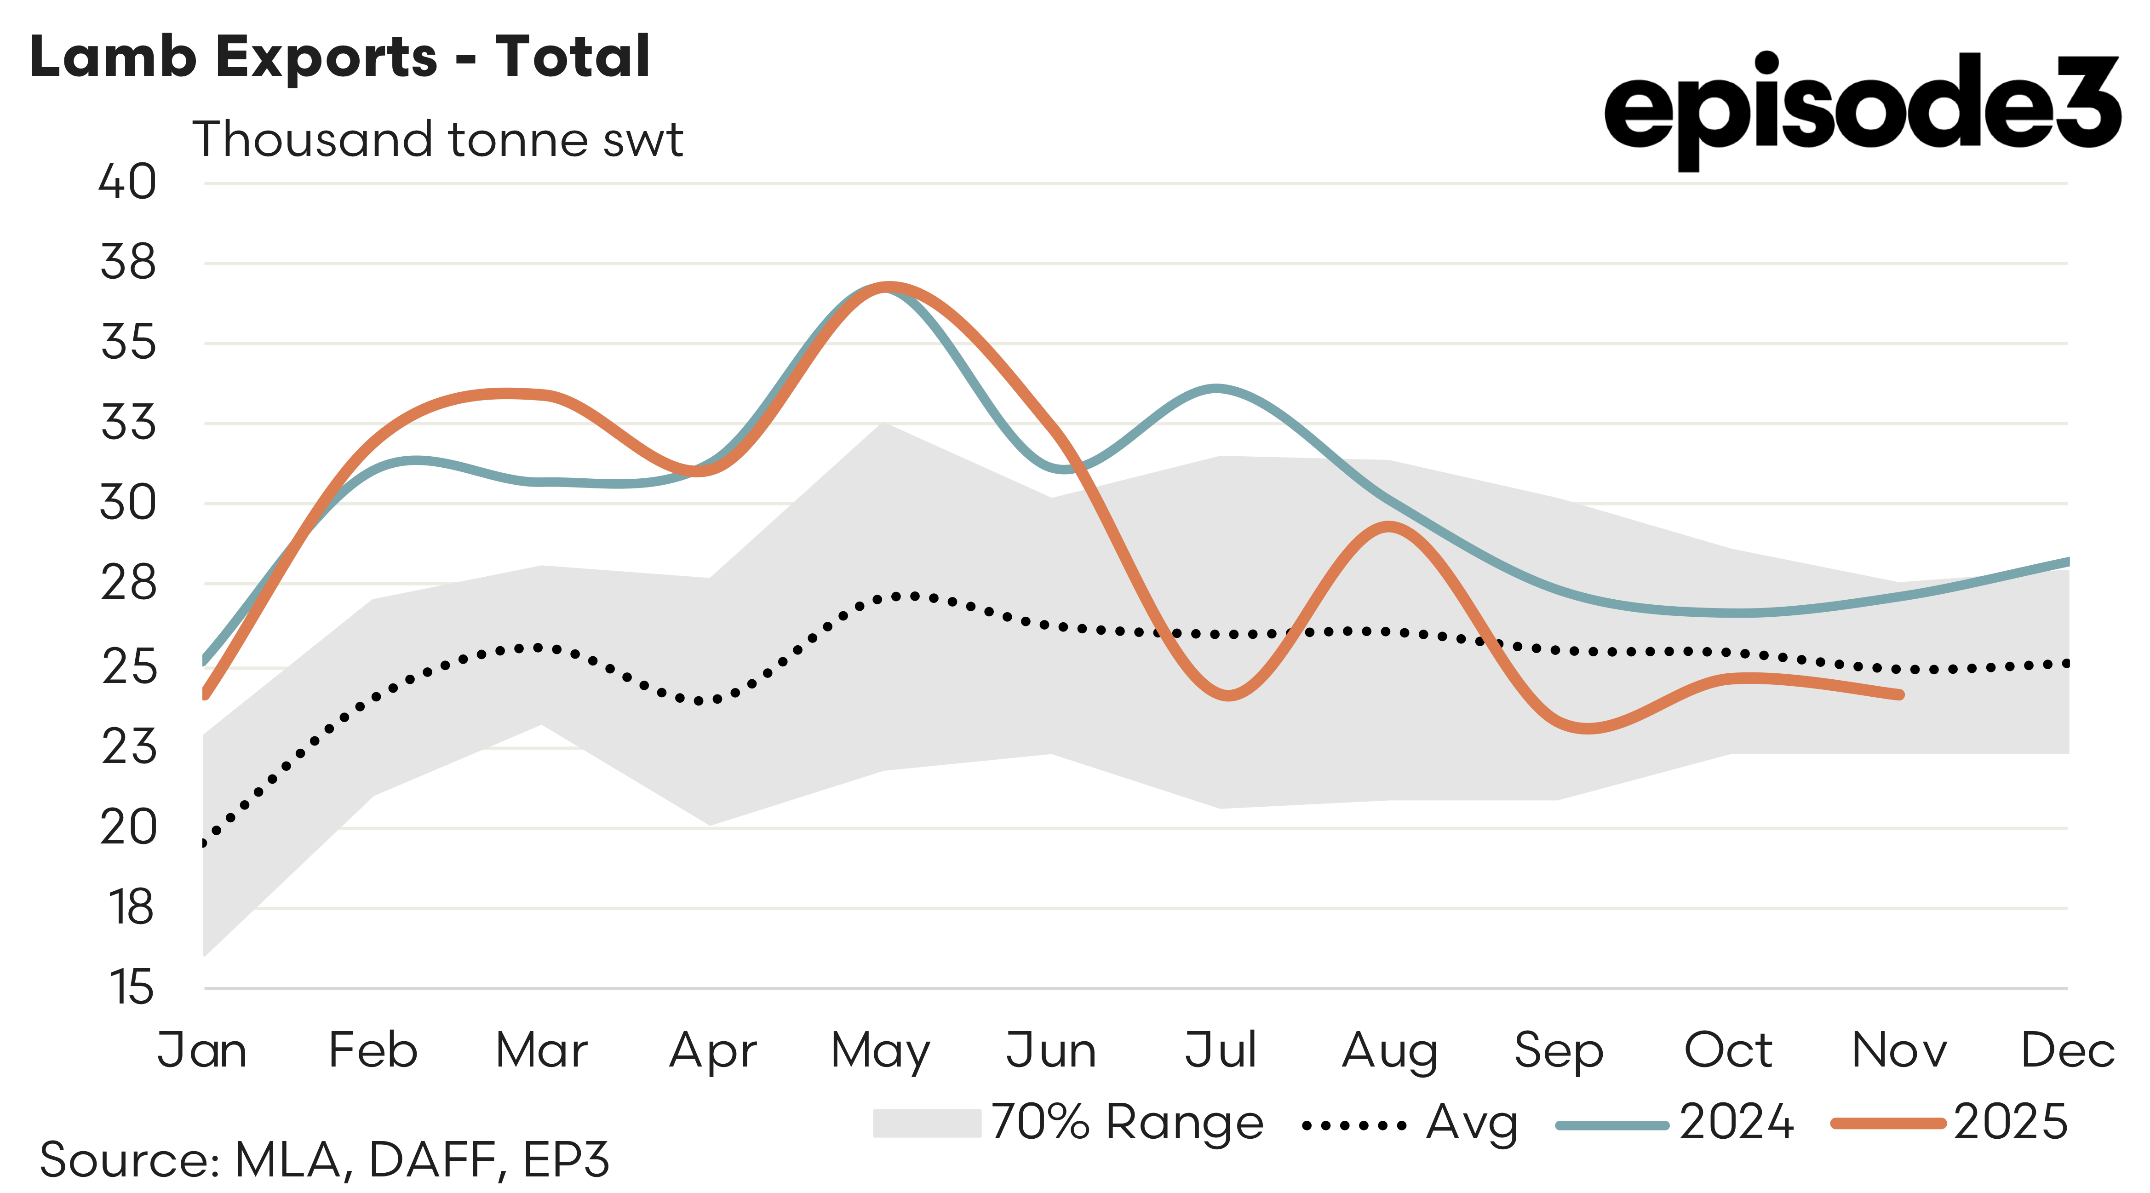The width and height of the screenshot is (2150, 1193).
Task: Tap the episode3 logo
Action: click(1861, 109)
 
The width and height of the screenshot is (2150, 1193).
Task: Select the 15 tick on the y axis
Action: click(131, 987)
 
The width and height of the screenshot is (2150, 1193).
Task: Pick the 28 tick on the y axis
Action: click(128, 584)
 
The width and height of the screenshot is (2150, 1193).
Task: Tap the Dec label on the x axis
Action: click(2067, 1050)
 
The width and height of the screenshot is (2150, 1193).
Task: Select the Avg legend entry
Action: click(1410, 1124)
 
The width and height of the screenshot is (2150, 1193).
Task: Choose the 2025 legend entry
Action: click(1949, 1123)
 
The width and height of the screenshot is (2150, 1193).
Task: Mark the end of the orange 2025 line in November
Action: click(1900, 694)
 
